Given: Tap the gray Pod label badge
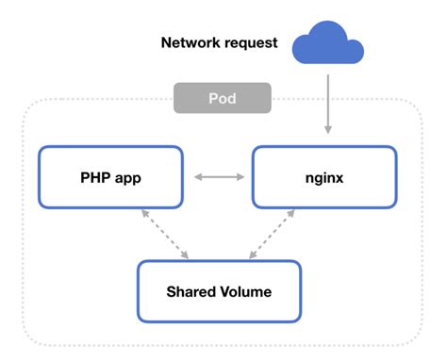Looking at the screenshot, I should (x=223, y=98).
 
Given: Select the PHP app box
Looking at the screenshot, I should (x=109, y=176).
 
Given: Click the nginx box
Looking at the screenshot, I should (x=323, y=176).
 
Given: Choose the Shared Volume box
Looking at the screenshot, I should (x=218, y=291).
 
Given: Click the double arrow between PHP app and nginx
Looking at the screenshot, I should (x=217, y=176).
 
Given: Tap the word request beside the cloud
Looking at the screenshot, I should (x=249, y=43).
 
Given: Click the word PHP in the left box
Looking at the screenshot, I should (x=94, y=176).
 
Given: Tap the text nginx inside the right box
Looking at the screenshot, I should (x=323, y=176).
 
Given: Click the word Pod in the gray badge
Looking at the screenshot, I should (x=223, y=98).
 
